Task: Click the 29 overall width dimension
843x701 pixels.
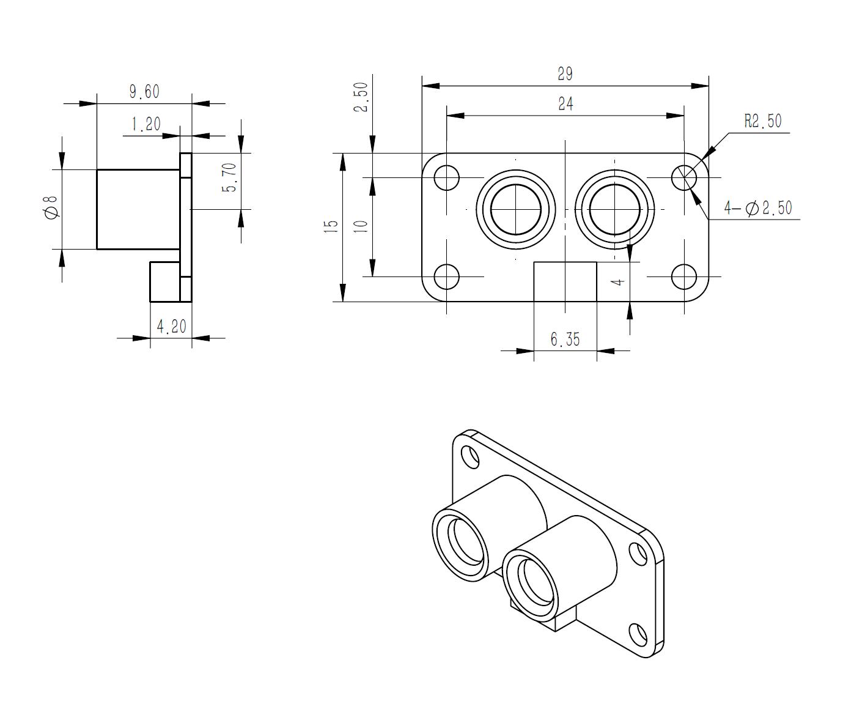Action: click(565, 74)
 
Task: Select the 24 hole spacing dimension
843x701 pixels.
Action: click(565, 104)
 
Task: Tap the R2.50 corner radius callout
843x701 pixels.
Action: click(763, 121)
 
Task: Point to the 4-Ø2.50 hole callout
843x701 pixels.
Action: click(758, 208)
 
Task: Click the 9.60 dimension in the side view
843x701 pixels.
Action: click(144, 92)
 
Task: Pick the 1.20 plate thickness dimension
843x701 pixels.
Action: click(146, 124)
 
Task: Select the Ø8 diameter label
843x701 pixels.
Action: click(52, 207)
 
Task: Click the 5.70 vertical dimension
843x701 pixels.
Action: click(229, 177)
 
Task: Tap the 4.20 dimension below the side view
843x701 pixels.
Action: click(172, 327)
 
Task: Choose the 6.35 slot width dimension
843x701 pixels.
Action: click(565, 339)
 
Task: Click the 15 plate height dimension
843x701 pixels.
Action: click(330, 226)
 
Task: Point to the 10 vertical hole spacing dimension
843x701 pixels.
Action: click(361, 226)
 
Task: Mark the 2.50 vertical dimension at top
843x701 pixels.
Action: click(361, 97)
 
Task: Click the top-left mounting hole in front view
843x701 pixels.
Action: click(446, 177)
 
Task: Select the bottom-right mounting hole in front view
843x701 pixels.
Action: click(684, 276)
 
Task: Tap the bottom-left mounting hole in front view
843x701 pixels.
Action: click(446, 276)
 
